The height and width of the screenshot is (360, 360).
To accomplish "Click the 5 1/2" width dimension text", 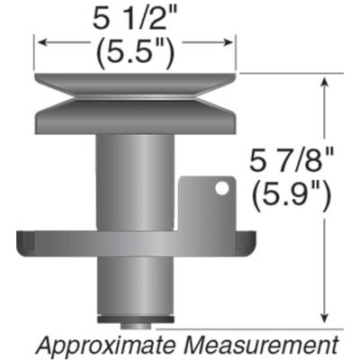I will [135, 17].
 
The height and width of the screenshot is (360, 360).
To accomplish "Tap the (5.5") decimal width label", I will [135, 51].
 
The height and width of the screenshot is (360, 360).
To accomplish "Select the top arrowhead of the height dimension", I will [323, 82].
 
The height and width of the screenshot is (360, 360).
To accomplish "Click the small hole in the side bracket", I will [218, 188].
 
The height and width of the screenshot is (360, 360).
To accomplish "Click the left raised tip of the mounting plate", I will [25, 240].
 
